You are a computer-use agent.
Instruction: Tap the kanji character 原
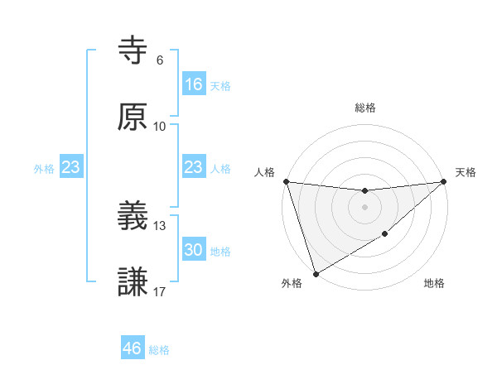(133, 117)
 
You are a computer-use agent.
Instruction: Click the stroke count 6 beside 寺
(160, 60)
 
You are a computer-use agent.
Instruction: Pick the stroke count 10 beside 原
(160, 126)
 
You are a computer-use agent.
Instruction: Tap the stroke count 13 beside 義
(160, 225)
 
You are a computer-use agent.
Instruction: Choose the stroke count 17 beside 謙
(160, 291)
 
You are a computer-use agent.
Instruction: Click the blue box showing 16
(193, 84)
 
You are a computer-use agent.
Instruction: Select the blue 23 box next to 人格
(193, 167)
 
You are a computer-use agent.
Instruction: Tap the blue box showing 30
(193, 250)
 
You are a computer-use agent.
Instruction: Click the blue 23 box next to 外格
(70, 167)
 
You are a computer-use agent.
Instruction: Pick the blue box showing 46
(133, 348)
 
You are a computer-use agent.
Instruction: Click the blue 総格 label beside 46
(159, 350)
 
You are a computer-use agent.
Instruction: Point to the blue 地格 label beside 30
(220, 251)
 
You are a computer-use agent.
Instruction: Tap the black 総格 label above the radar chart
(364, 108)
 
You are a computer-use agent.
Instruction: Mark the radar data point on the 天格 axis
(444, 181)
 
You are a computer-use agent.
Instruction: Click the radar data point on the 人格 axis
(286, 181)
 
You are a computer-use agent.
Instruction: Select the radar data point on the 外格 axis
(316, 273)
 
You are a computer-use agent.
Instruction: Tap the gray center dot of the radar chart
(364, 207)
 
